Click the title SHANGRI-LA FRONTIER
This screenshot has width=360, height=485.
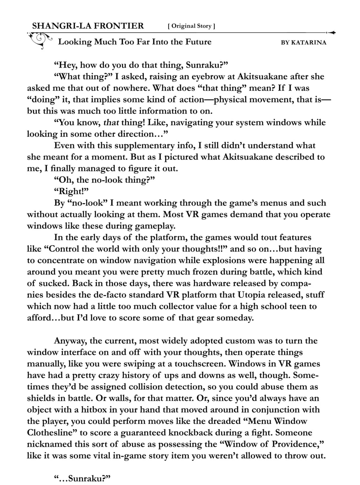88,26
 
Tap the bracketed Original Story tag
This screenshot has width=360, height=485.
191,26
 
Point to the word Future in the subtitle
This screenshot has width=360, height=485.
198,42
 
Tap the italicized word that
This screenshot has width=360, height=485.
111,123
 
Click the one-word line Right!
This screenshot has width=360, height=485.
71,191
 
